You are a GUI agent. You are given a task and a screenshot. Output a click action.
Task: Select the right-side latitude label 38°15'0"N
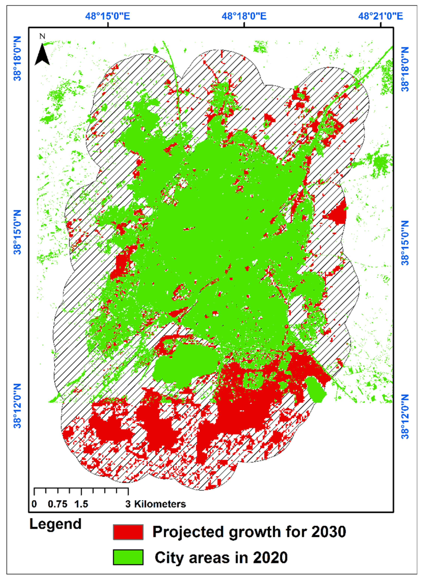(x=405, y=243)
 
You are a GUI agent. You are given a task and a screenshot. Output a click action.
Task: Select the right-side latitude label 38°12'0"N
(x=405, y=416)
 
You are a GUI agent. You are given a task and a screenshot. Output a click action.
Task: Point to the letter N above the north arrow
(x=42, y=36)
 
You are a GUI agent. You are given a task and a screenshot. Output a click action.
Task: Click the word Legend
(x=55, y=524)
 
